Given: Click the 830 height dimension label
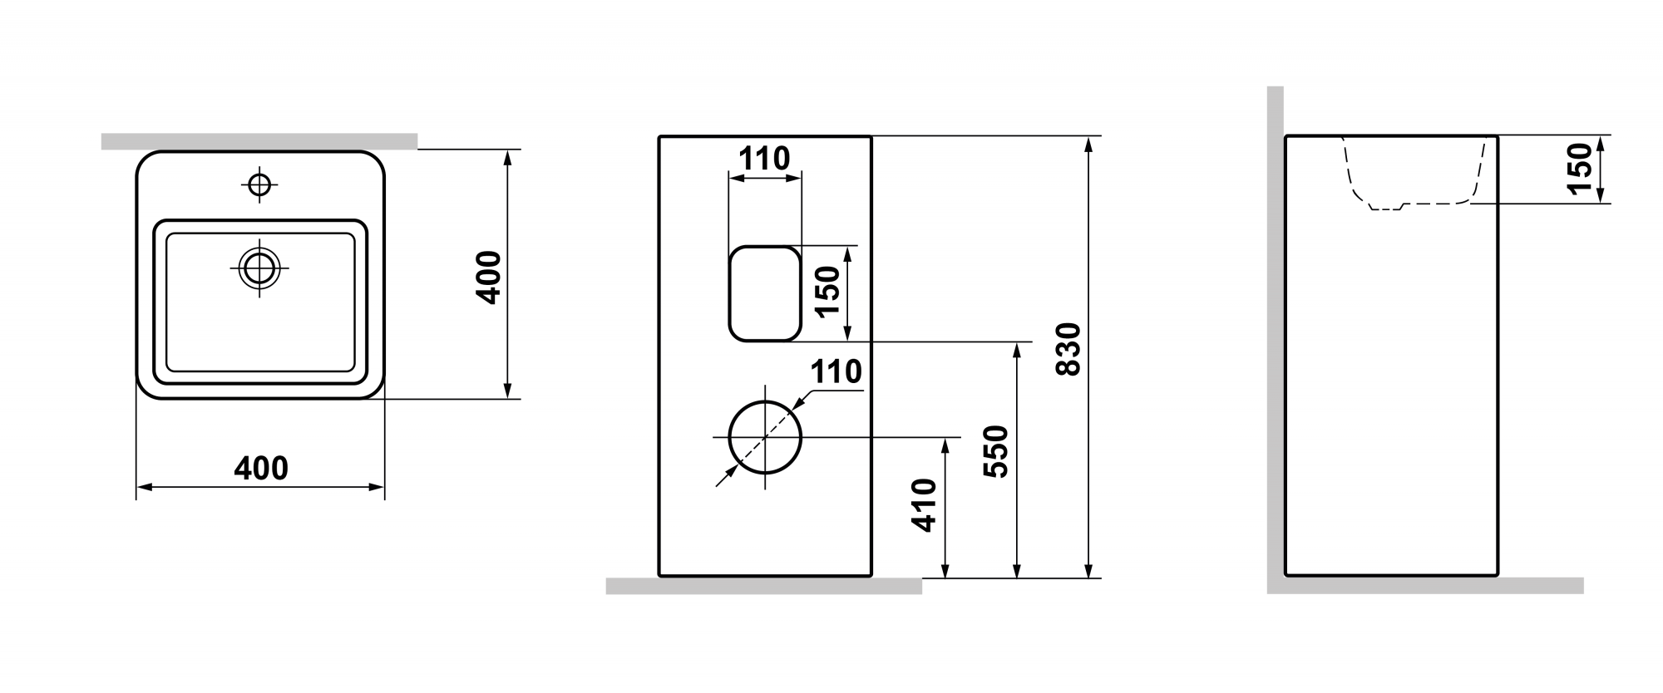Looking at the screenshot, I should point(1068,349).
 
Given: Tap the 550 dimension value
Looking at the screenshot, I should point(995,451).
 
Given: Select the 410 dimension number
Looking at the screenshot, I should point(924,505).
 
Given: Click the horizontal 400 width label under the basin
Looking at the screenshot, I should point(261,469).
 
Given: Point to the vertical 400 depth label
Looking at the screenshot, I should point(489,278).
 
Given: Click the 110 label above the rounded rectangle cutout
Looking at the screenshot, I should point(764,158).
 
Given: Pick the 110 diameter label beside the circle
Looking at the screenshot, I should point(836,371).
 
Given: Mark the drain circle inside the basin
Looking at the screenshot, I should point(259,268).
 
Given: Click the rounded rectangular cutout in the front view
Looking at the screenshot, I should point(764,293).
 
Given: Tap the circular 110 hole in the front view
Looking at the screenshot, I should point(764,437).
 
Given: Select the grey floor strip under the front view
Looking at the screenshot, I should point(763,586).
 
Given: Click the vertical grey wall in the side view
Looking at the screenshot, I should point(1275,332).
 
